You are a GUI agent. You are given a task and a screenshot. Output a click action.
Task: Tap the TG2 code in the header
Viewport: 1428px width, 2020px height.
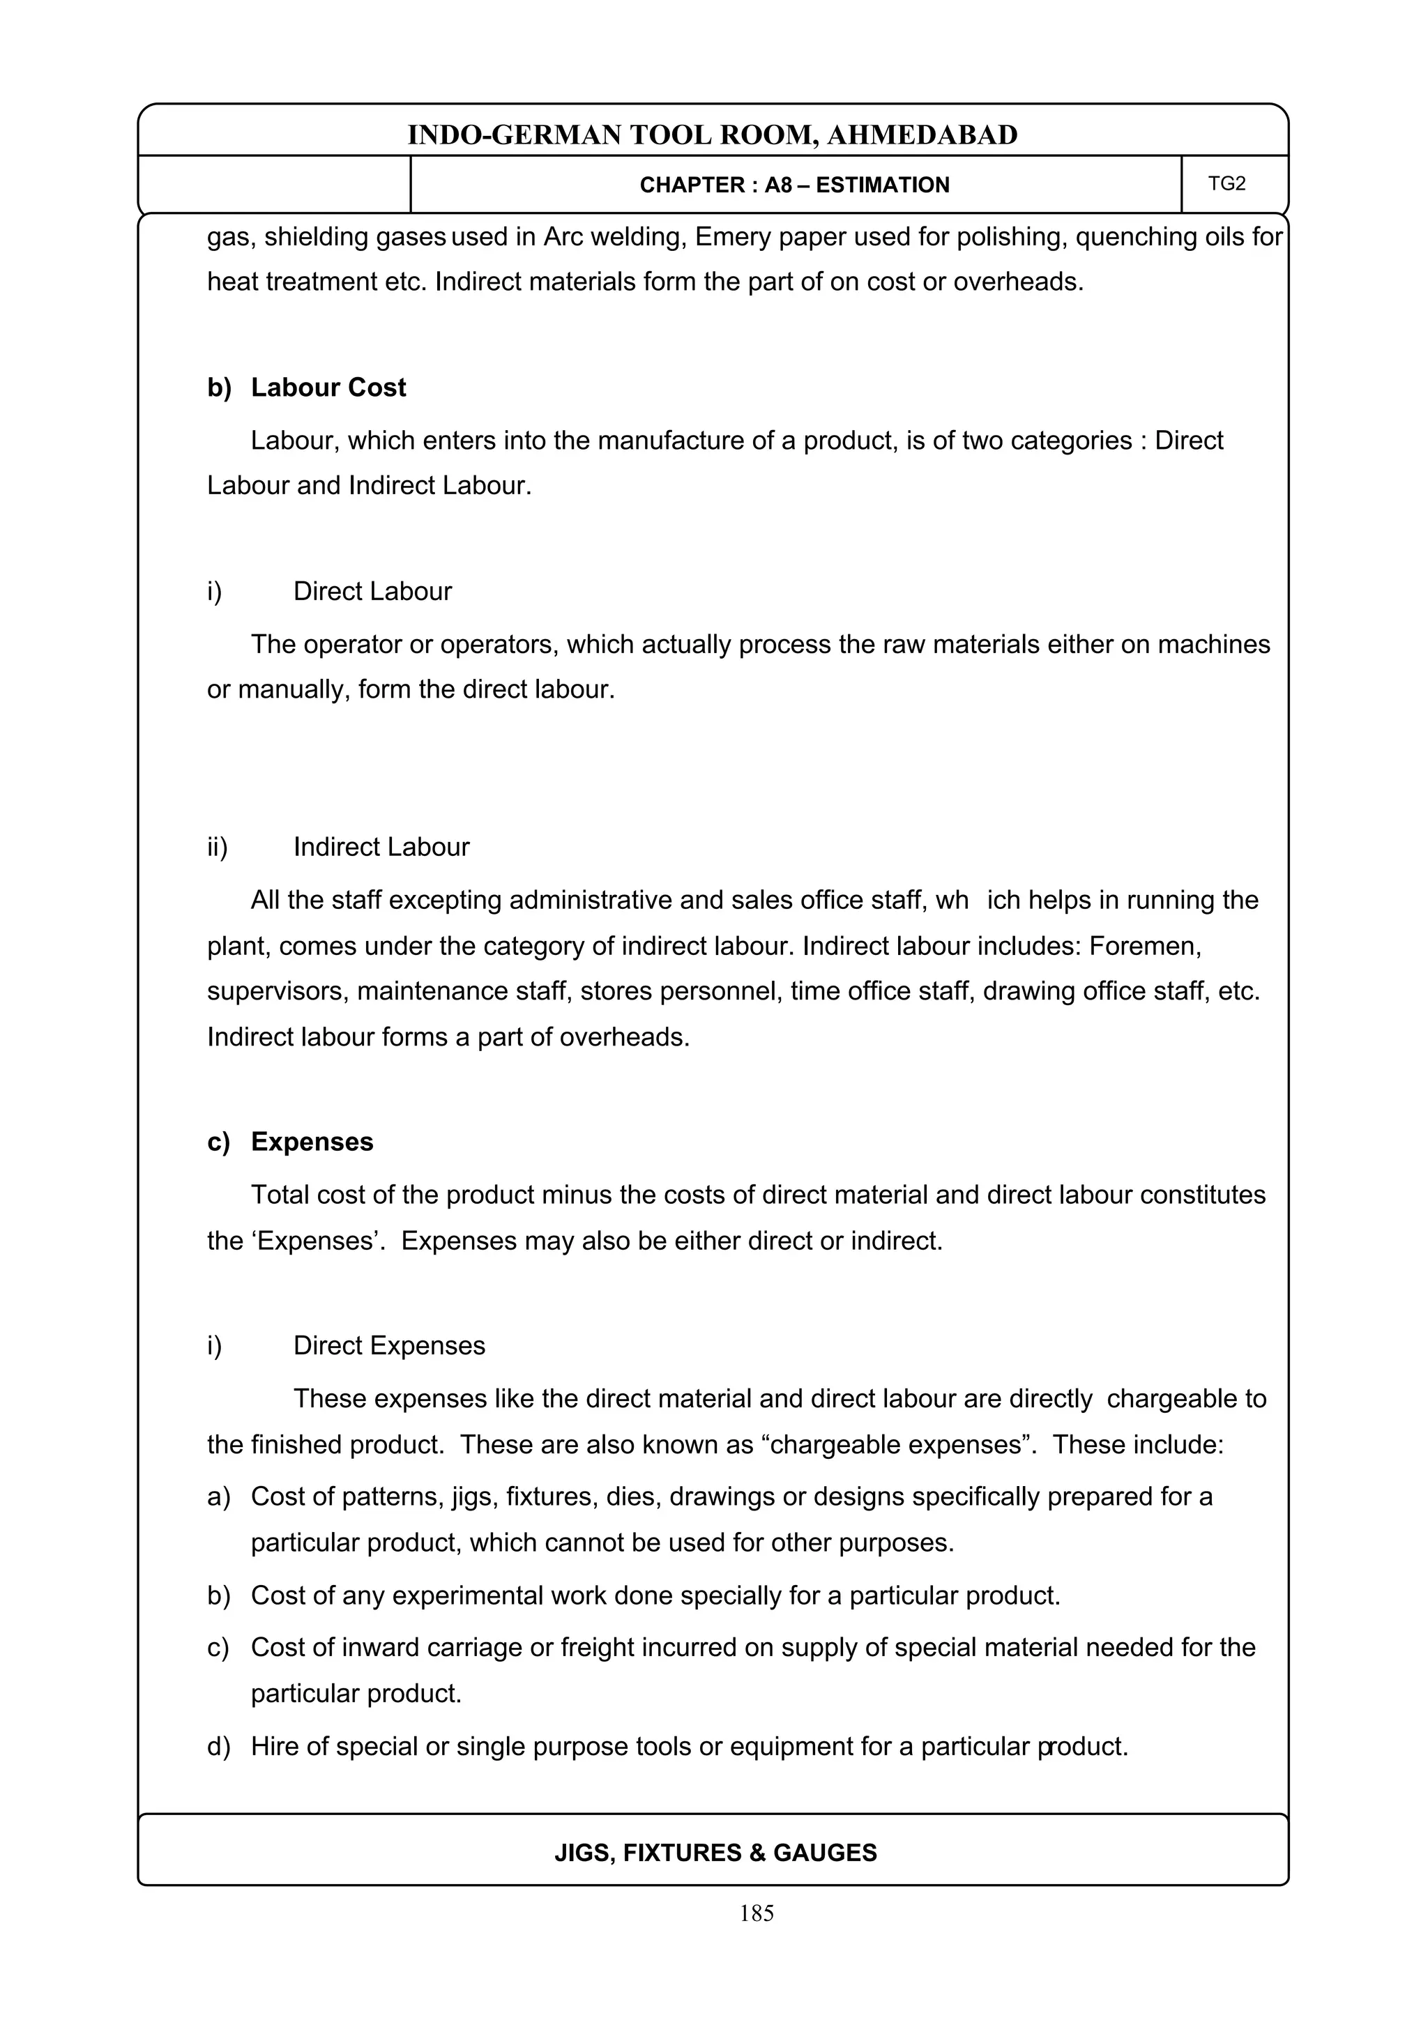(1226, 184)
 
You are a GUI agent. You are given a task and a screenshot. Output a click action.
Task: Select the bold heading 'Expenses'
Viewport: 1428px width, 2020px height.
(312, 1141)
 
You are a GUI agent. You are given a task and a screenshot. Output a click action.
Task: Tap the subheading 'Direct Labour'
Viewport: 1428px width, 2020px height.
(372, 591)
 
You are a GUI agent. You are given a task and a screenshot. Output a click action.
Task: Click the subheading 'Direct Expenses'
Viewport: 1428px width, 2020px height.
(389, 1345)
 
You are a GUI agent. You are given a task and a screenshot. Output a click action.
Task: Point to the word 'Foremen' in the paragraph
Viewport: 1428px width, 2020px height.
(1144, 946)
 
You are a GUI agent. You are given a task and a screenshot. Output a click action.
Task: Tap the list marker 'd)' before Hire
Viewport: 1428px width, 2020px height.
(218, 1746)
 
